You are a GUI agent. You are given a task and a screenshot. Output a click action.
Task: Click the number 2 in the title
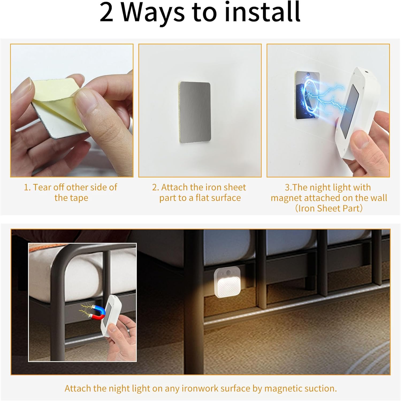coord(106,13)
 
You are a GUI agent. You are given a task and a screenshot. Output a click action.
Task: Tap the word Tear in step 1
coord(42,187)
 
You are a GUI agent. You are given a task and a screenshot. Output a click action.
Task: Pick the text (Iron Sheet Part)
coord(329,208)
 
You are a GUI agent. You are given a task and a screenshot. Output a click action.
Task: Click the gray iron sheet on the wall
coord(195,112)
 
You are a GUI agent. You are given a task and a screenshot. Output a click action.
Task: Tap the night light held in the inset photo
coord(111,315)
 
